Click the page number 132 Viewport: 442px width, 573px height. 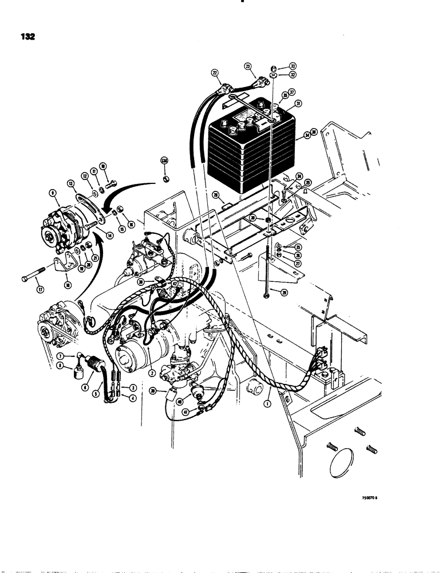coord(27,36)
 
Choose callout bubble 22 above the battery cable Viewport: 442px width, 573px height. coord(215,73)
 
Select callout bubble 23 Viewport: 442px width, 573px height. coord(248,67)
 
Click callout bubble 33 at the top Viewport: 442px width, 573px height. coord(292,66)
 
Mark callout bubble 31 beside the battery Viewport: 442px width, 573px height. coord(297,104)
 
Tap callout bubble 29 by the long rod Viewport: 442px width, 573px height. coord(283,292)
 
